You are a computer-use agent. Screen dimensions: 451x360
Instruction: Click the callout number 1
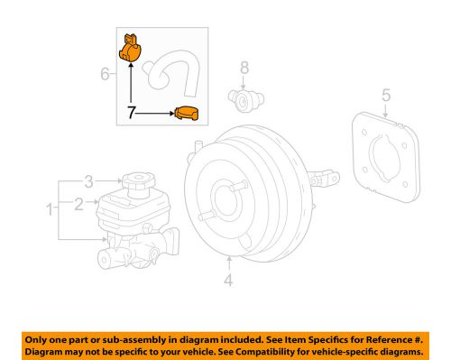(49, 210)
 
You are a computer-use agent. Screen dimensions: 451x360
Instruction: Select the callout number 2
(78, 205)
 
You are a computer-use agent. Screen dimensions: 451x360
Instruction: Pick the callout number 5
(385, 95)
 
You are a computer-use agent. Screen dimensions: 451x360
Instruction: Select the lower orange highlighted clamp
(187, 115)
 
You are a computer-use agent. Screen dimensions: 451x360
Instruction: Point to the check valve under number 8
(242, 96)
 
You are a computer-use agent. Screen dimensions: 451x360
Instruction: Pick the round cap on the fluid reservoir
(138, 182)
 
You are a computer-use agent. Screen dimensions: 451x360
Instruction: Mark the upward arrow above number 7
(131, 86)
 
